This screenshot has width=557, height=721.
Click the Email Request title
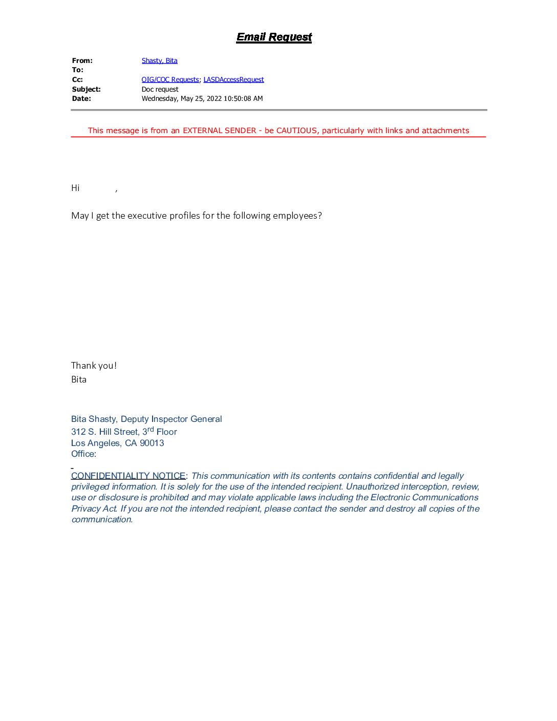(274, 37)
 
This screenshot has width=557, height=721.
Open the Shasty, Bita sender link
(159, 60)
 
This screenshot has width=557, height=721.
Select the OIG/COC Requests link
(170, 79)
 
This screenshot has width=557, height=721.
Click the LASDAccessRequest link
(233, 79)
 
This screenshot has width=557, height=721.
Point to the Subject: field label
(86, 89)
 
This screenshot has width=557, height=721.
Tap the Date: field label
(81, 98)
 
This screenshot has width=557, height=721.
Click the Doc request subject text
(160, 89)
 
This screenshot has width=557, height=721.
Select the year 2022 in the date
(214, 98)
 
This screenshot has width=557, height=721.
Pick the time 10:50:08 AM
(243, 98)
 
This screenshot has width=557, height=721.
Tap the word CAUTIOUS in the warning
(297, 131)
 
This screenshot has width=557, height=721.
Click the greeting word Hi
(75, 188)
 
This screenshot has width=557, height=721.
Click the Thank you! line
(94, 366)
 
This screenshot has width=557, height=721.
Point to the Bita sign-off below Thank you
(79, 379)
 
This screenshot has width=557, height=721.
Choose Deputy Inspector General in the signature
(171, 419)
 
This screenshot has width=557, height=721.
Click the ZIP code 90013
(152, 443)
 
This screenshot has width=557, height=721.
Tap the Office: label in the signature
(83, 454)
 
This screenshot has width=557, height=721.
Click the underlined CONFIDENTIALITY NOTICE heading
(128, 476)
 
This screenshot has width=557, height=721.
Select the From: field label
(82, 60)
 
